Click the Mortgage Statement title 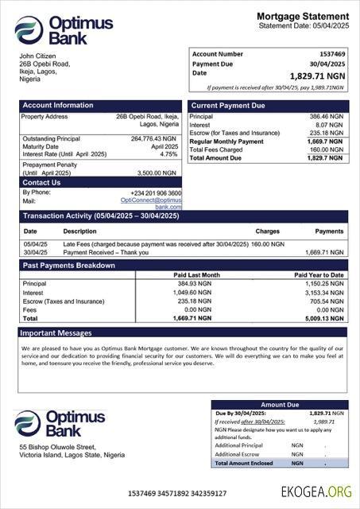303,16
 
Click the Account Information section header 58,105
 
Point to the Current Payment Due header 229,105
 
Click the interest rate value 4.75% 168,154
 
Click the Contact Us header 41,183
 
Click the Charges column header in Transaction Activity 267,231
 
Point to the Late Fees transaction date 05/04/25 36,244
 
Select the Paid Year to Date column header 319,275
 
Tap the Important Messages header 56,332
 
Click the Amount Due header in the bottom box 279,405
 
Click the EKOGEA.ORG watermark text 315,492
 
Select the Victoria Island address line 72,456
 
